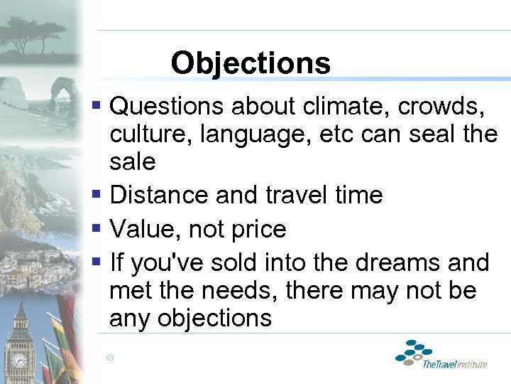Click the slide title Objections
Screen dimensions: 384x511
pyautogui.click(x=251, y=63)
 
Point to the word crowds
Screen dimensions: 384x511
pyautogui.click(x=441, y=106)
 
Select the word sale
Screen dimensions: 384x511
pyautogui.click(x=132, y=161)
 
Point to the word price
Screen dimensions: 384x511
pyautogui.click(x=253, y=229)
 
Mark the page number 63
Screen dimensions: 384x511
pyautogui.click(x=110, y=358)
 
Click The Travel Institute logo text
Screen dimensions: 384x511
pyautogui.click(x=454, y=364)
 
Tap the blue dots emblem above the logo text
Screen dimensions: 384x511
pyautogui.click(x=414, y=352)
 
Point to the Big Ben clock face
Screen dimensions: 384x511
pyautogui.click(x=19, y=360)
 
